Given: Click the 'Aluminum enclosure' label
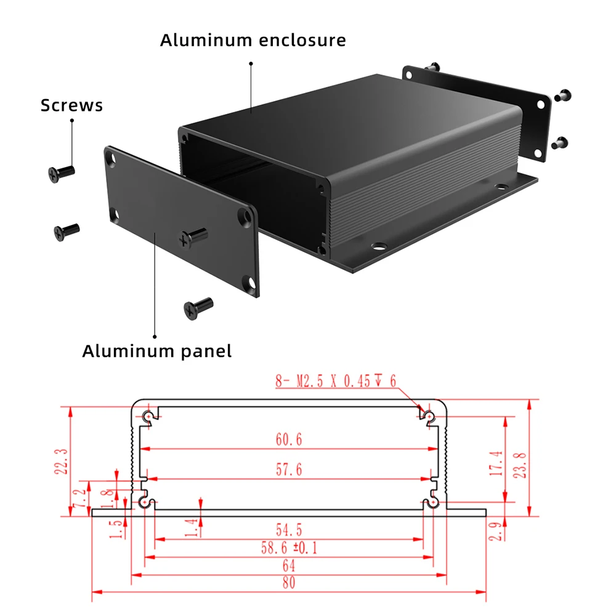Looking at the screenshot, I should (253, 41).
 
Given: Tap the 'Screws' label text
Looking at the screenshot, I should (71, 105).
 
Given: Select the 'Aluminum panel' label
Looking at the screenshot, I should (157, 352).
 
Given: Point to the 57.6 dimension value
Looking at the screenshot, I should (289, 469).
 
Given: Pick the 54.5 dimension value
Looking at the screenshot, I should (289, 529).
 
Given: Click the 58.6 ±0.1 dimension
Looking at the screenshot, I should (289, 548).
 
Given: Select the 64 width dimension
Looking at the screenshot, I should (289, 565).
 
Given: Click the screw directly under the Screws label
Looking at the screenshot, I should (60, 173).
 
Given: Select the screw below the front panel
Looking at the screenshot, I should (198, 307).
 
